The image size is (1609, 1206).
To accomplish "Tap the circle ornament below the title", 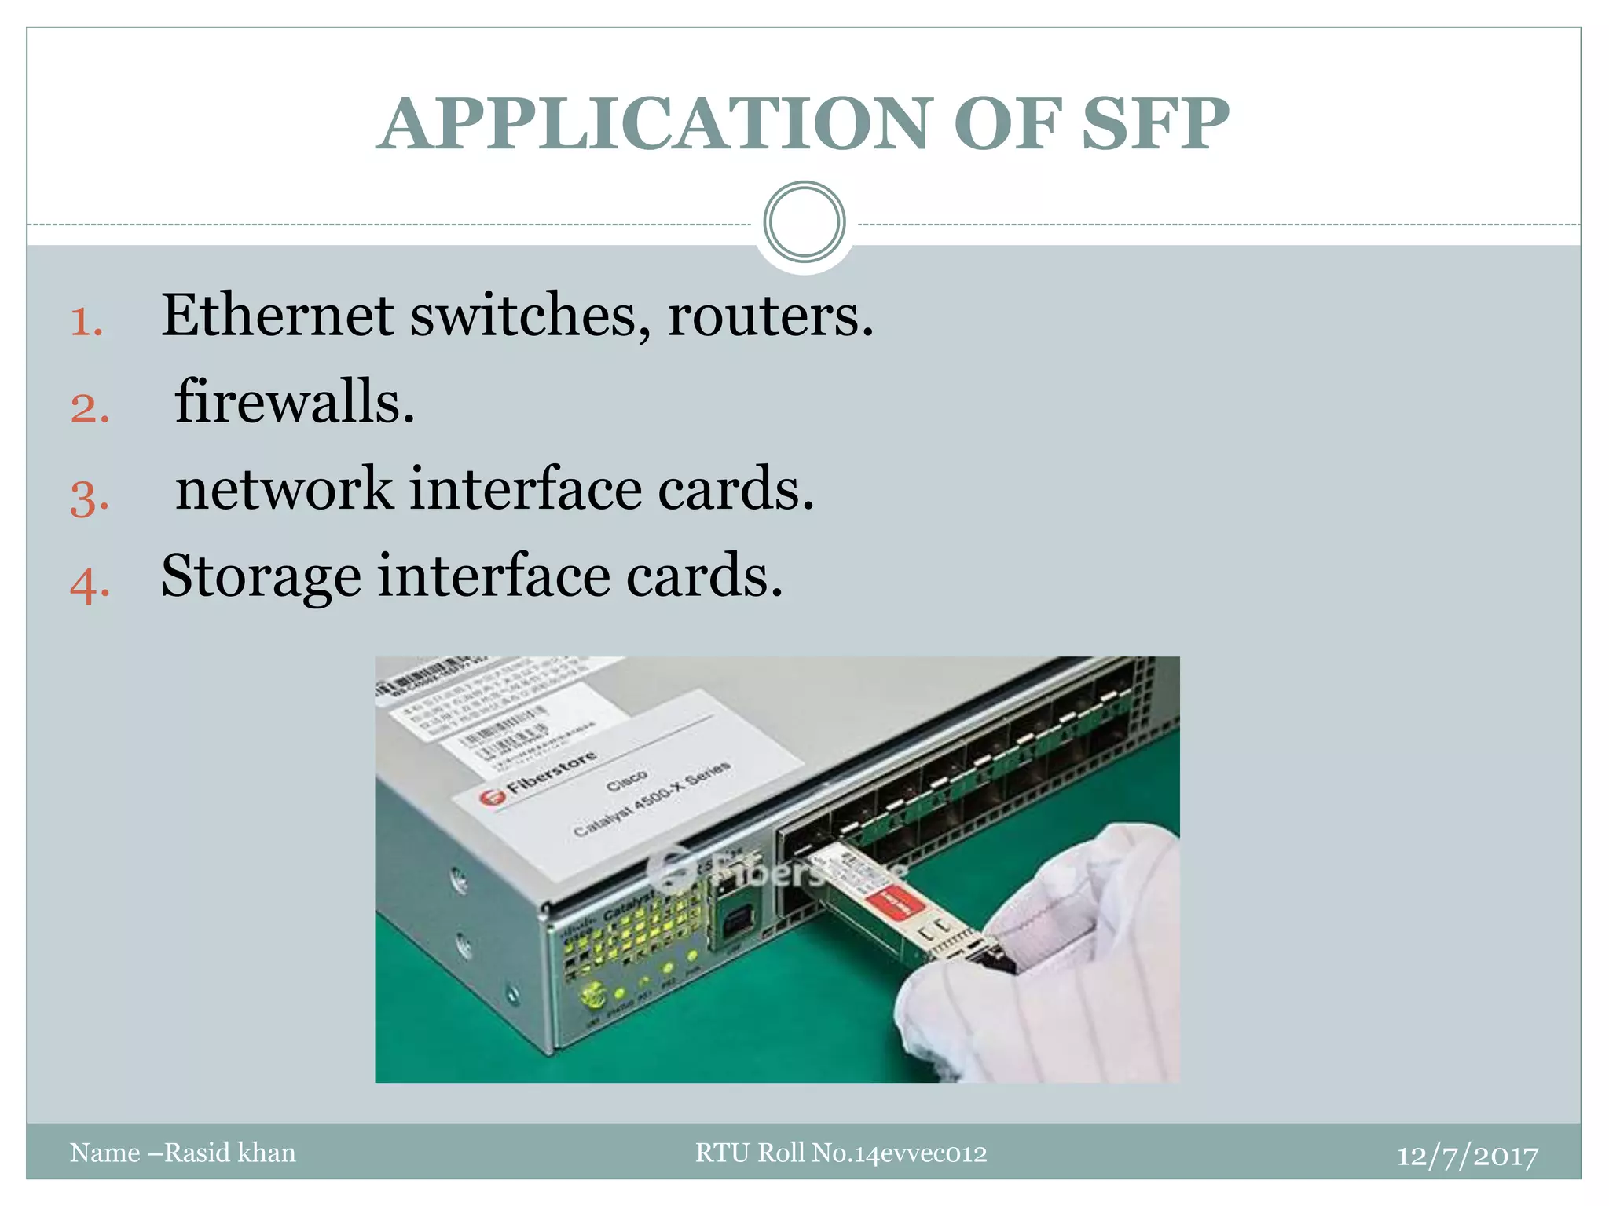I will pos(804,222).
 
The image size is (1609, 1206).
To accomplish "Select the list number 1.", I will pos(86,322).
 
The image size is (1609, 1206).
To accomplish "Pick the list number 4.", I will pos(89,584).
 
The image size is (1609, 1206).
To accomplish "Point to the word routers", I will pos(770,316).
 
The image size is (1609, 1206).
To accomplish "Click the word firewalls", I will pos(295,402).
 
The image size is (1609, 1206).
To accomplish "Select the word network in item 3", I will pos(283,488).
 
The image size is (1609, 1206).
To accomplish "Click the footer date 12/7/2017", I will pos(1467,1155).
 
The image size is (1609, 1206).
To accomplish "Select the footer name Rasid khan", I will pos(229,1153).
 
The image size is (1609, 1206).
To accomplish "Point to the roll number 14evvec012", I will pos(920,1153).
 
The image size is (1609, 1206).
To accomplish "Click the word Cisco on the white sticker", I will pos(626,780).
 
